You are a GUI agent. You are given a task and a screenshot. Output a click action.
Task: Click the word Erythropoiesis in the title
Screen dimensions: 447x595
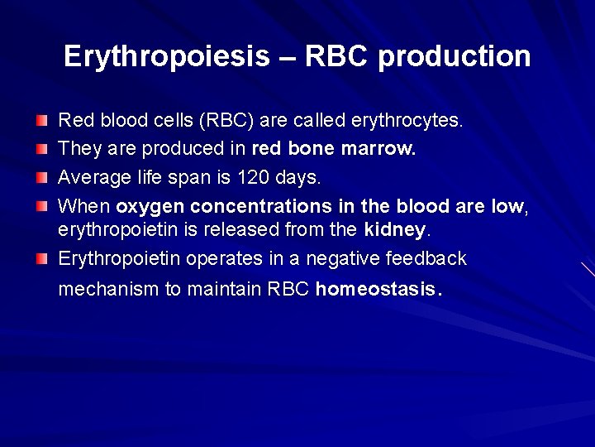click(166, 56)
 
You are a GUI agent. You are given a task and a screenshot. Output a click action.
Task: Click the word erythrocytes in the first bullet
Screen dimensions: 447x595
click(407, 121)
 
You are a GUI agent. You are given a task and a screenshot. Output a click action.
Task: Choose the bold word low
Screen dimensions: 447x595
click(507, 206)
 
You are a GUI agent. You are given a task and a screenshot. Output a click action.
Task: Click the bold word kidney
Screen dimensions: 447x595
click(394, 228)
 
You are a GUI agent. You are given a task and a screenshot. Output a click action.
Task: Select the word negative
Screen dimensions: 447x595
click(341, 258)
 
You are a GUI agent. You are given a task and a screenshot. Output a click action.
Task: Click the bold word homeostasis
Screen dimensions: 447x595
click(376, 290)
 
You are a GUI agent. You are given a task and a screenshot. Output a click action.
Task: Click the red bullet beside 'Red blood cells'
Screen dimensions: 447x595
click(42, 122)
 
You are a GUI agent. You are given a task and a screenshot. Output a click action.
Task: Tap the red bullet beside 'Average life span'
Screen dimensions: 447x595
click(42, 178)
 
